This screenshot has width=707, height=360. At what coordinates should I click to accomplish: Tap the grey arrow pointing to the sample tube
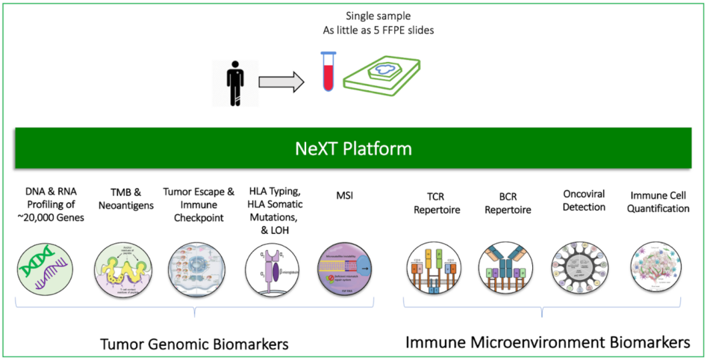(285, 81)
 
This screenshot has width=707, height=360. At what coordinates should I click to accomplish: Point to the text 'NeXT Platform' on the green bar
(353, 148)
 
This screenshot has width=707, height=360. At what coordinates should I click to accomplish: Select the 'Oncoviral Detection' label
(584, 200)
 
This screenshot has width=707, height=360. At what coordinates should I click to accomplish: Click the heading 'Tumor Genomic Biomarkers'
(194, 344)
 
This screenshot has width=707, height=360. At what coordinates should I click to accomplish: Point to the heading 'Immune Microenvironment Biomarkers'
(547, 343)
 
